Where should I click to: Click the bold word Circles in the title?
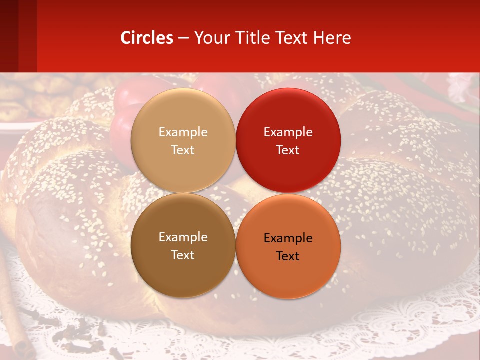(x=147, y=38)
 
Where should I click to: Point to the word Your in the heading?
(x=212, y=38)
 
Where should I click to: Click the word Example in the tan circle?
(x=183, y=132)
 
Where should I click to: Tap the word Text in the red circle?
(x=288, y=150)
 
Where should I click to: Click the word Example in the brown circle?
(x=183, y=237)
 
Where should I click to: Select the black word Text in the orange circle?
(x=288, y=256)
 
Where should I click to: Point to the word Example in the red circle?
(x=288, y=132)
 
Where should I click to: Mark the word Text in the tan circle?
(x=183, y=150)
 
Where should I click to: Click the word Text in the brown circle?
(x=183, y=255)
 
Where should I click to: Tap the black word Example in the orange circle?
(x=288, y=238)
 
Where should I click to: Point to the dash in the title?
(x=183, y=38)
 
